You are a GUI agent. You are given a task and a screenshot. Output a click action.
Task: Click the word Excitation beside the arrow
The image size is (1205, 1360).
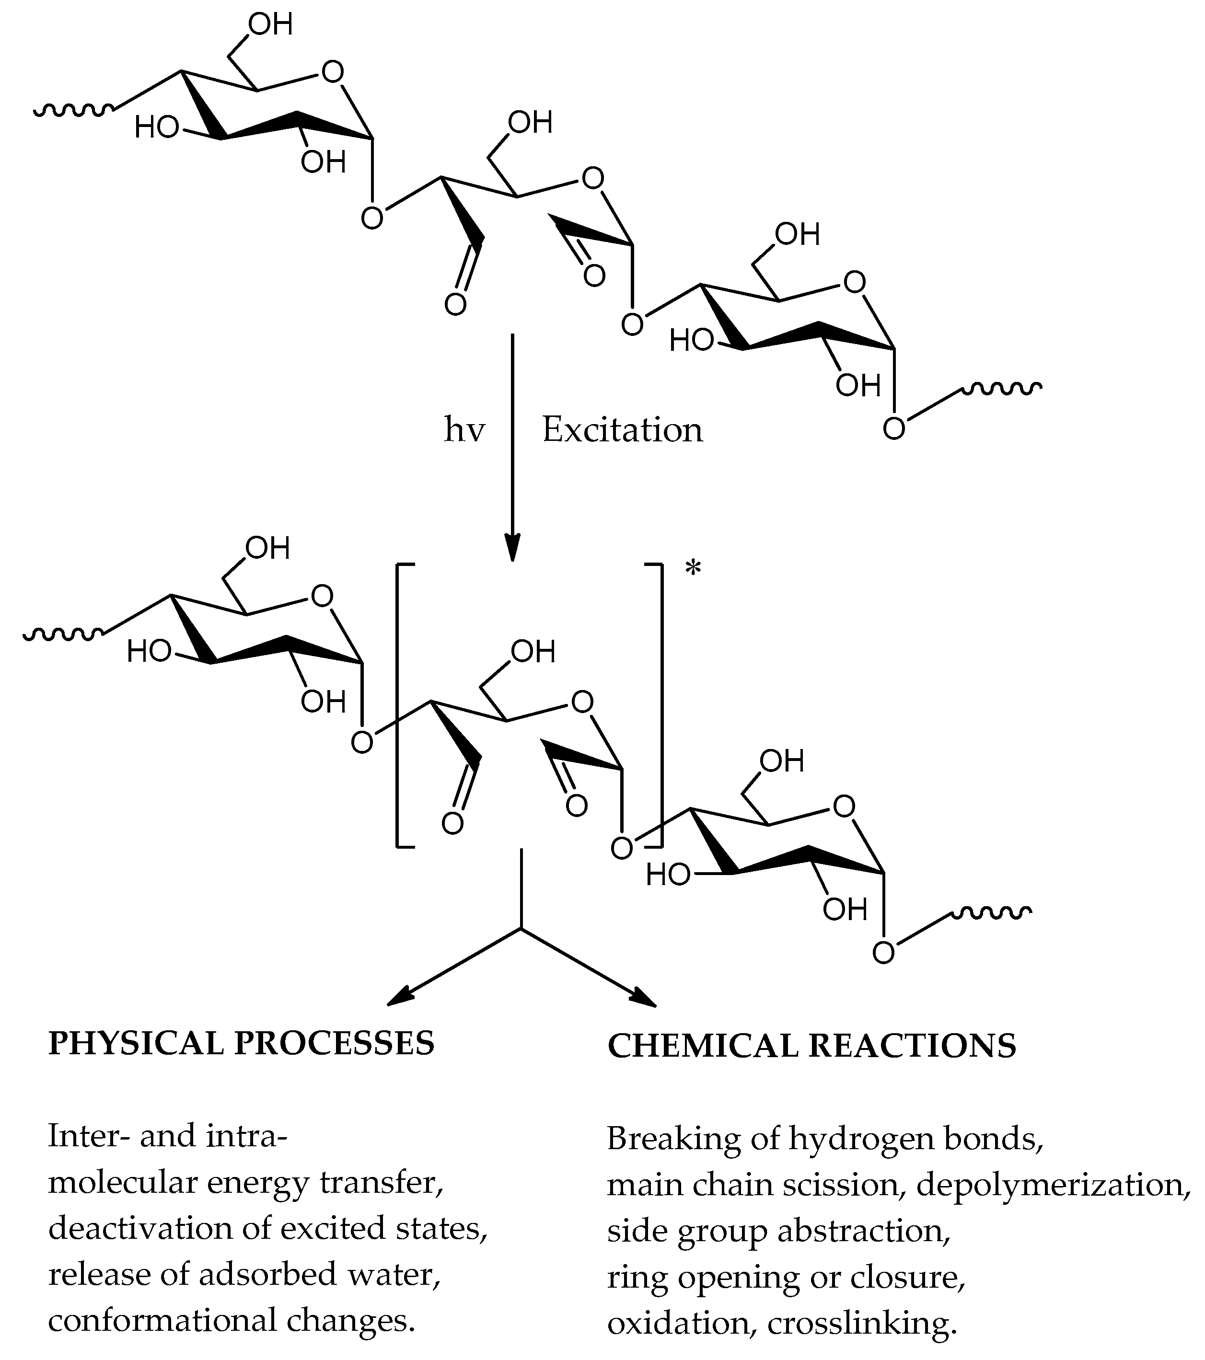tap(622, 430)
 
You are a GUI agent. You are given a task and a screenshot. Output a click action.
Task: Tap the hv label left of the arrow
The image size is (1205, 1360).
tap(464, 430)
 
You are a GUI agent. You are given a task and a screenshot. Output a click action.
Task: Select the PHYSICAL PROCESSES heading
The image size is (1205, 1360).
tap(242, 1043)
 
